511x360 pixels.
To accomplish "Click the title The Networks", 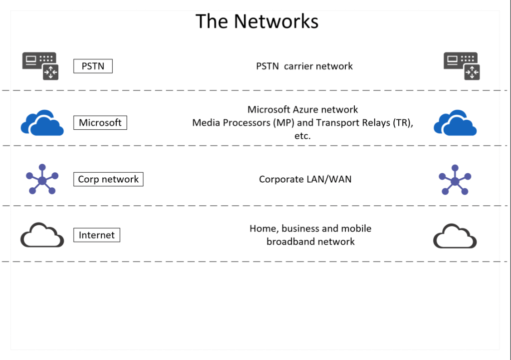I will click(256, 21).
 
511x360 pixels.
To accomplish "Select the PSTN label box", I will click(93, 66).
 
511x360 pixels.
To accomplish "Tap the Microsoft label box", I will click(100, 122).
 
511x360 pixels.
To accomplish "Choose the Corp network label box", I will click(108, 179).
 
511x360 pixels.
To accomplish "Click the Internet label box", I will click(97, 235).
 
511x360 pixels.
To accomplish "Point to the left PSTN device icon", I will click(40, 65).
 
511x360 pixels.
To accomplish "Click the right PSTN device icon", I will click(462, 66).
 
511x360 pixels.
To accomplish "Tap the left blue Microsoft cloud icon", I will click(42, 123).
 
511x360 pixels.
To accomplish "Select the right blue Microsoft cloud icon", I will click(455, 123).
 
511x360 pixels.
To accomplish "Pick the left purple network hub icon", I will click(42, 179).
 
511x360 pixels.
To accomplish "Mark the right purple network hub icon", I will click(455, 179).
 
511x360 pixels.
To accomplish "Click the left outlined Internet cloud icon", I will click(42, 235).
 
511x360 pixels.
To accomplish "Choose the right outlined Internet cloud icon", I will click(455, 236).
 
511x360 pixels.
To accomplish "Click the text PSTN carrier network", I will click(304, 66).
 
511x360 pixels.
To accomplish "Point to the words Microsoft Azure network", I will click(303, 109).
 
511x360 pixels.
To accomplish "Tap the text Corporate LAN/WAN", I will click(305, 179).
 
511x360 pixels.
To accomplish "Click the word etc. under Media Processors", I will click(303, 135).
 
